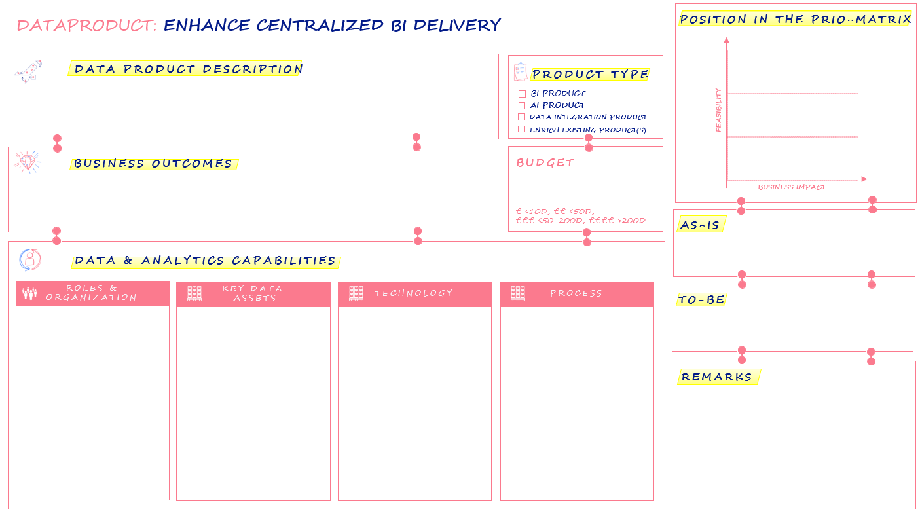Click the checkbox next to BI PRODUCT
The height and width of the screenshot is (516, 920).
coord(522,94)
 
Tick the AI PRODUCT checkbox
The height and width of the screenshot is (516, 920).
coord(522,105)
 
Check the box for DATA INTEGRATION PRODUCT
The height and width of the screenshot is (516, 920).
coord(522,117)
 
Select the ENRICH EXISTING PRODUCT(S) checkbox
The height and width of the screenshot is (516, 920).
coord(522,130)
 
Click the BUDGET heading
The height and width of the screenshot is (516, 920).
coord(545,163)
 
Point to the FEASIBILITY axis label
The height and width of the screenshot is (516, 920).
coord(718,110)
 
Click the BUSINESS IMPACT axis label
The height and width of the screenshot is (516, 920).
coord(792,187)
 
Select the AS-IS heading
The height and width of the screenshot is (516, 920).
coord(700,225)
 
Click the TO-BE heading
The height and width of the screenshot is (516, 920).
coord(701,300)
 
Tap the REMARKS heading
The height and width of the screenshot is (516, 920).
coord(717,377)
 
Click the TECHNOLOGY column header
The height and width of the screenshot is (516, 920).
coord(414,293)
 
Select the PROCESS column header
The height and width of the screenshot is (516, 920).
coord(576,293)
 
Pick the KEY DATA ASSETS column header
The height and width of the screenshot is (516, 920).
coord(252,293)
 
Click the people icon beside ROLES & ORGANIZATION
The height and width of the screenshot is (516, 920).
coord(29,293)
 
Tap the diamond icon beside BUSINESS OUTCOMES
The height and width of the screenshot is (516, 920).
coord(28,162)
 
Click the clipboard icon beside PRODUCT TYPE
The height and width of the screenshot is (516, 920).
coord(521,71)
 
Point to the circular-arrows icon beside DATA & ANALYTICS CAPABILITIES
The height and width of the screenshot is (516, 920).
coord(29,260)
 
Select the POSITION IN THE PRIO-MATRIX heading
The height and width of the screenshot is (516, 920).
coord(795,20)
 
